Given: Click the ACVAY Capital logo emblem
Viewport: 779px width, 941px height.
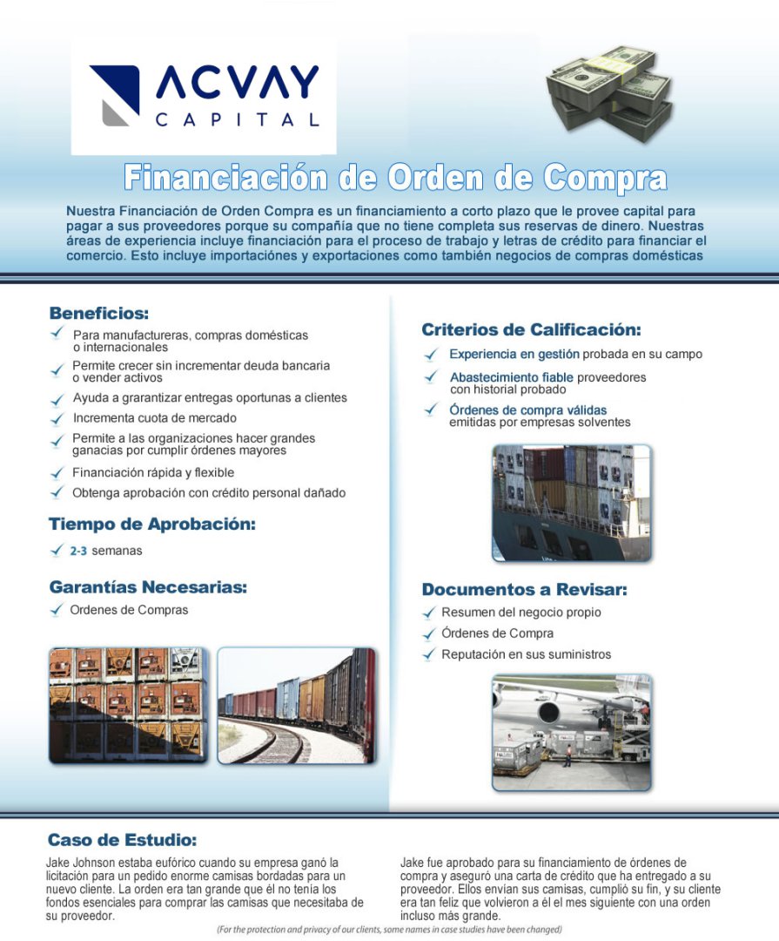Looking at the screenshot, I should click(x=115, y=95).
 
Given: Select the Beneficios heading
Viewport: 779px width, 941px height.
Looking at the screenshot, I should click(x=99, y=313).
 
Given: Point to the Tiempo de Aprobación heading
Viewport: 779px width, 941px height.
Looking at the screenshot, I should click(x=152, y=525).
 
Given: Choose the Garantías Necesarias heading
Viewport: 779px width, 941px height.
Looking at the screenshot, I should click(x=148, y=586).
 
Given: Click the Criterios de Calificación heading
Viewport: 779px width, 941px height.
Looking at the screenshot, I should click(x=531, y=330).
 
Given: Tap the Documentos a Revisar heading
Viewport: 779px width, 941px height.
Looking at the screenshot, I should click(x=524, y=590).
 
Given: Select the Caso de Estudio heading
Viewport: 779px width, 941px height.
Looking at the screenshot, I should click(x=122, y=841).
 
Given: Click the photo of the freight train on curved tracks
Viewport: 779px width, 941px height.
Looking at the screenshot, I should click(x=297, y=705).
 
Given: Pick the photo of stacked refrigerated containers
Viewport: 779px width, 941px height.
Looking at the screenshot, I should click(x=128, y=705).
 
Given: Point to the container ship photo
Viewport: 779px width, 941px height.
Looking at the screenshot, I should click(x=571, y=503).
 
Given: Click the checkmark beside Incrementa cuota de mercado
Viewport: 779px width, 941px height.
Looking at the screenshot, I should click(x=57, y=418).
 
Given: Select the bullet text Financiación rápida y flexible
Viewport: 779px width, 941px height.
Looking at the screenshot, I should click(x=153, y=473).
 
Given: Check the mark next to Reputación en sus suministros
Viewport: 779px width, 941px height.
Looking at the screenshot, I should click(x=429, y=654).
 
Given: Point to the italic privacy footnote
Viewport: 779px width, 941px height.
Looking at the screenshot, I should click(x=389, y=930).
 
